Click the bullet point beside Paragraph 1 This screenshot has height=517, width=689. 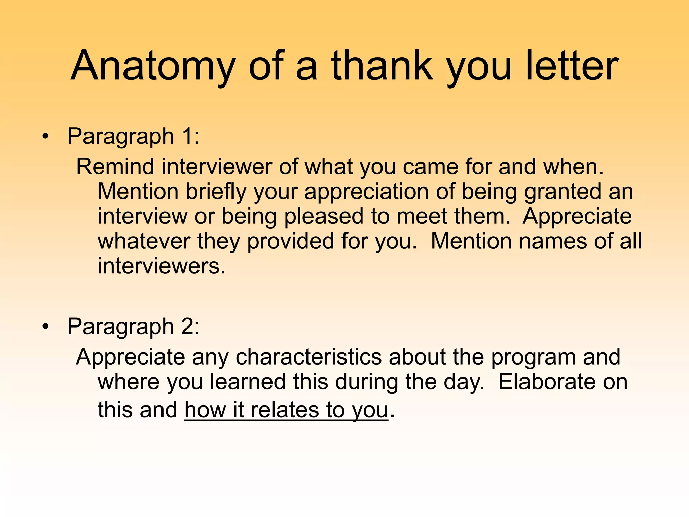click(x=45, y=137)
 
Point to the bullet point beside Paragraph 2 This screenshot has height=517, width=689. click(x=45, y=326)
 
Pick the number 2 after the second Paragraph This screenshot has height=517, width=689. click(x=187, y=326)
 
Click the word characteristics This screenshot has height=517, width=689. click(x=309, y=357)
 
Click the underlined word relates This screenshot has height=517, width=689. click(x=285, y=410)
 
